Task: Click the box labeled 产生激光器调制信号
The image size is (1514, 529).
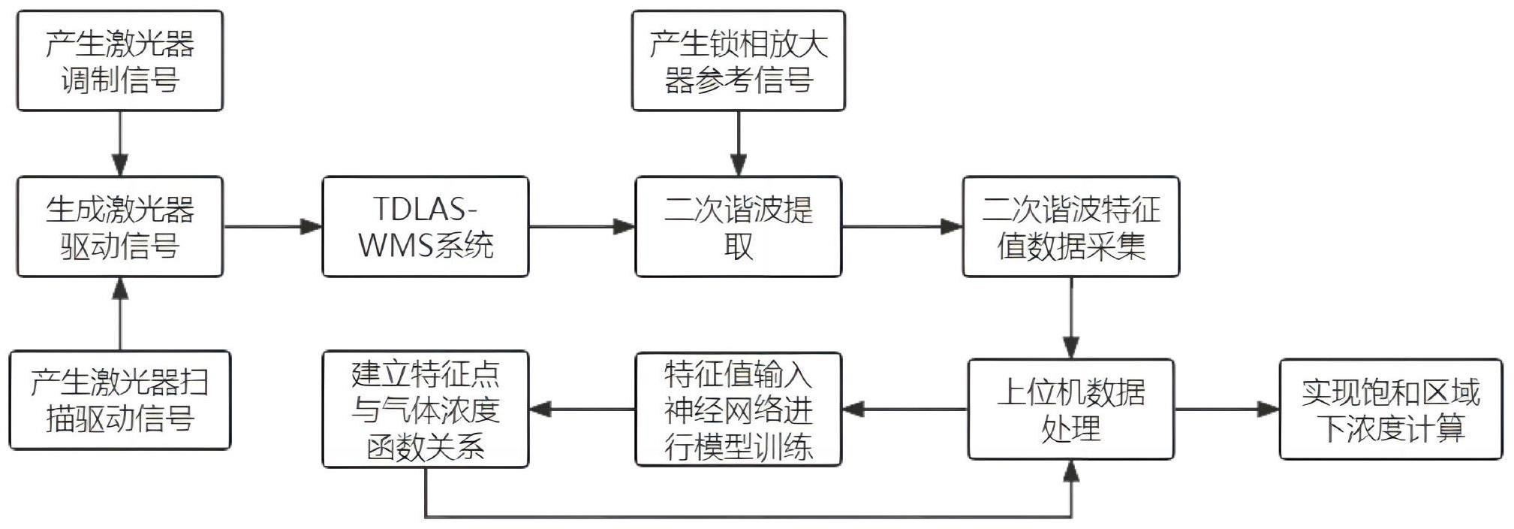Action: click(x=120, y=61)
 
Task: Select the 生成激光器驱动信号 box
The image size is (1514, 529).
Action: click(x=120, y=227)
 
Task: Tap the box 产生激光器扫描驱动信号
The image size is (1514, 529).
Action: click(x=120, y=401)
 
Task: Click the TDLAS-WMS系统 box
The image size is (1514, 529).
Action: click(x=426, y=227)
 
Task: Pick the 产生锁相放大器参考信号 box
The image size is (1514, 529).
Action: click(x=739, y=61)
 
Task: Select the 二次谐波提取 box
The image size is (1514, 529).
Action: click(x=739, y=227)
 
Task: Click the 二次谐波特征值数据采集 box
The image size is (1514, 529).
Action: click(x=1071, y=227)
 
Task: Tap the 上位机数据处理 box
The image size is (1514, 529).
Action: click(x=1071, y=410)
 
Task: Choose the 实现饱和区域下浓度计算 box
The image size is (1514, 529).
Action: click(x=1391, y=410)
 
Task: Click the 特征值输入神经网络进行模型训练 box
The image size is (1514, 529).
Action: click(x=739, y=410)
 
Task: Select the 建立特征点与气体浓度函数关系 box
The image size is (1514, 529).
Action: click(x=426, y=410)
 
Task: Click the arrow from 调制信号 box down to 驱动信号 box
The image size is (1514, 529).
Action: click(x=120, y=144)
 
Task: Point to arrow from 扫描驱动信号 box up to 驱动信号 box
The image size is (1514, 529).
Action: click(x=120, y=314)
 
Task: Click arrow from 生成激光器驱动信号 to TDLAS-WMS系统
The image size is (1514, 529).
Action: click(x=272, y=226)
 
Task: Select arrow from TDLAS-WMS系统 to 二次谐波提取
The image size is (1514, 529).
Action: click(x=582, y=226)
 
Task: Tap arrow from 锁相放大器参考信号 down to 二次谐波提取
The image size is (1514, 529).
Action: click(x=739, y=144)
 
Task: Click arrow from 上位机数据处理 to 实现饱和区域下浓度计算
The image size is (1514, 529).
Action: click(x=1227, y=410)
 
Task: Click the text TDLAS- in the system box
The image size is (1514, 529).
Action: click(x=425, y=209)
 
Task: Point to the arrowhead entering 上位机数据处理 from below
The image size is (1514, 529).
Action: click(x=1071, y=471)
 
